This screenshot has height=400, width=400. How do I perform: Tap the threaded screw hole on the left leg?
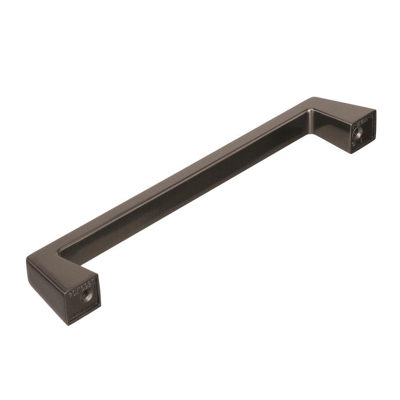coord(85,296)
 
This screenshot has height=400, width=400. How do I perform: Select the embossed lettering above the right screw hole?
coord(362,119)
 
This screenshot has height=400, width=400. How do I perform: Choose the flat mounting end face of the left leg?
coord(84,294)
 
